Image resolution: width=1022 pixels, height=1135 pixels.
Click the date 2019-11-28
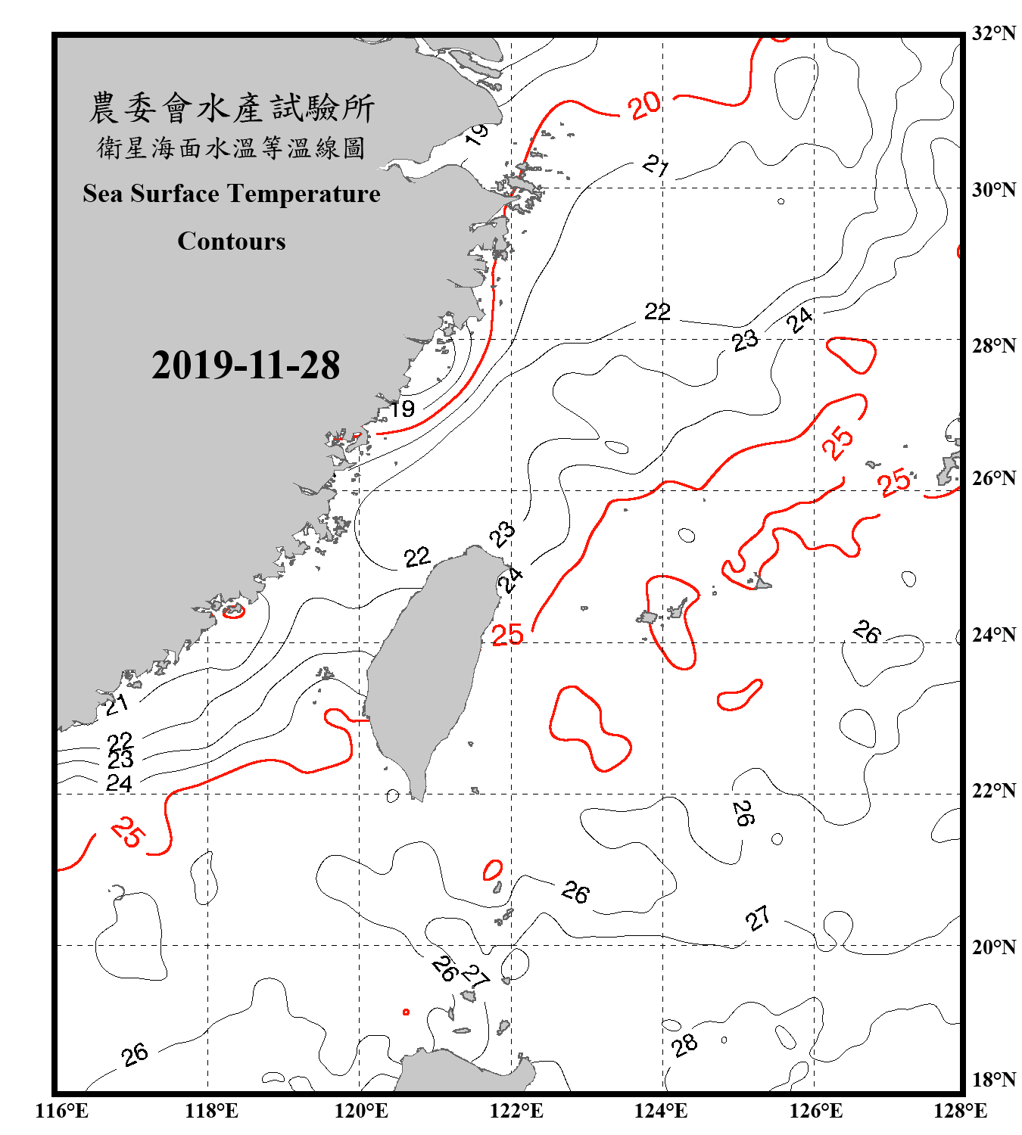click(245, 365)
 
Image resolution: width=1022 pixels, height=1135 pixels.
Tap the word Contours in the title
click(232, 241)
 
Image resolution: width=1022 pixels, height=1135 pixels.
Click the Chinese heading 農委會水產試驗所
click(232, 108)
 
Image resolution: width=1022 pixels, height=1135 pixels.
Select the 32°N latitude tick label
click(993, 33)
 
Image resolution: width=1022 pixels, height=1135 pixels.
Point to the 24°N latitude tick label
click(993, 634)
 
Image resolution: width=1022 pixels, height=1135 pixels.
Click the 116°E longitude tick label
click(62, 1111)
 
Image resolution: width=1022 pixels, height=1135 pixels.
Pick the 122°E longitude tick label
click(516, 1111)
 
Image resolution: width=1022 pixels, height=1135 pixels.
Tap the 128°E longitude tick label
click(960, 1111)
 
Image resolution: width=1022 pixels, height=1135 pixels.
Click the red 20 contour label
click(644, 106)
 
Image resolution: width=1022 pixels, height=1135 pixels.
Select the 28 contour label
click(684, 1045)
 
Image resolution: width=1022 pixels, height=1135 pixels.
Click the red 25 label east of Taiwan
click(507, 635)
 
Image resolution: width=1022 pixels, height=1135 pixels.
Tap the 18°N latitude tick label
click(993, 1080)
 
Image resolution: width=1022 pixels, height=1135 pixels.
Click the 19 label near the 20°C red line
click(402, 409)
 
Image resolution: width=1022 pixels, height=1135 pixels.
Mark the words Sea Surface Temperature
click(232, 194)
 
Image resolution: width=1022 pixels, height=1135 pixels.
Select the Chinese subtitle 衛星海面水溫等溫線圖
click(232, 148)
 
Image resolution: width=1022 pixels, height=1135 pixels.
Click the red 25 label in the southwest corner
click(127, 832)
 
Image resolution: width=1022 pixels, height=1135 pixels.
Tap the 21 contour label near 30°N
click(656, 164)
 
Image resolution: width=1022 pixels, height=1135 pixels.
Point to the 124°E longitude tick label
click(662, 1111)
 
